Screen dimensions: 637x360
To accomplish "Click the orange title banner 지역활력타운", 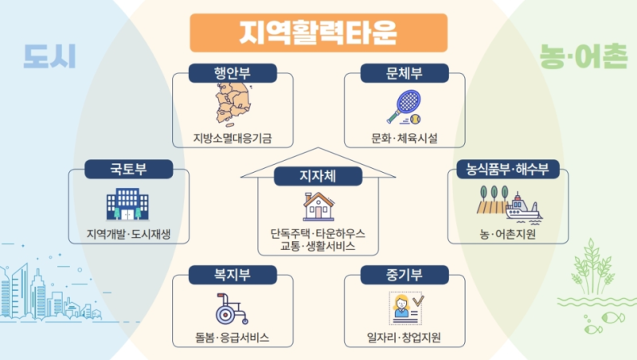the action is click(x=318, y=33).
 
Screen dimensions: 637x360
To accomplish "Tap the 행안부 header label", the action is click(x=233, y=73).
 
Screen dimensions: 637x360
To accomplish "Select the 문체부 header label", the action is click(x=404, y=73).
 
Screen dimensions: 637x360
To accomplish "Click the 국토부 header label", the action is click(x=129, y=169).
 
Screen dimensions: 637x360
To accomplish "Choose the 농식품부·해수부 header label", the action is click(x=507, y=169).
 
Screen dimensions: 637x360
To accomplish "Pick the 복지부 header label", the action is click(x=233, y=275).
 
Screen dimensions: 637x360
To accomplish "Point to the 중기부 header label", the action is click(x=404, y=275).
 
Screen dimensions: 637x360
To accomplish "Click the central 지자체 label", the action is click(x=318, y=176).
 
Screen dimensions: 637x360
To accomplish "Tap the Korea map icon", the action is click(x=233, y=104).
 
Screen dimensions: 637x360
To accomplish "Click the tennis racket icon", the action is click(x=404, y=107).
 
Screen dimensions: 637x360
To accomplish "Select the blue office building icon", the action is click(x=127, y=204).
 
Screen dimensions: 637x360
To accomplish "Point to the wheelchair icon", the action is click(x=231, y=309).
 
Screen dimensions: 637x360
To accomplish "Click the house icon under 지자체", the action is click(x=318, y=206).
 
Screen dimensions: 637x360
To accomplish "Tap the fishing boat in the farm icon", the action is click(x=523, y=209).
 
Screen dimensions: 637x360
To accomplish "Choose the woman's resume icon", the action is click(x=406, y=308).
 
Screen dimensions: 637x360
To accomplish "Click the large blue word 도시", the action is click(x=49, y=56).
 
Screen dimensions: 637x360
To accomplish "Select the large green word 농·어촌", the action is click(x=584, y=56).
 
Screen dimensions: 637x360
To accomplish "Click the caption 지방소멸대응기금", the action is click(x=233, y=138).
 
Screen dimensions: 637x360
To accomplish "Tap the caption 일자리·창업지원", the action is click(x=404, y=338).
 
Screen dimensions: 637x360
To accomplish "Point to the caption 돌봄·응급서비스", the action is click(x=232, y=338).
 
